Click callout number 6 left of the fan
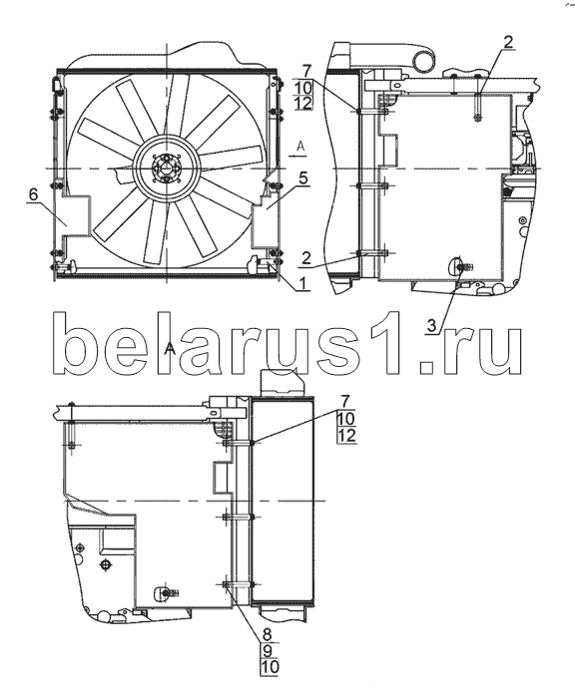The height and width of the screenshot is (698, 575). (33, 194)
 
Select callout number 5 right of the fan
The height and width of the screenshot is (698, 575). (303, 178)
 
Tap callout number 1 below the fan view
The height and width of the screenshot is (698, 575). (303, 283)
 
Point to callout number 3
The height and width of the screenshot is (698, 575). (431, 326)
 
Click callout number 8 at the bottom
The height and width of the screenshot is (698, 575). (268, 633)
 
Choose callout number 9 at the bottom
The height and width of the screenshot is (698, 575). (268, 651)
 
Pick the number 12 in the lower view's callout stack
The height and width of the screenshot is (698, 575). (347, 436)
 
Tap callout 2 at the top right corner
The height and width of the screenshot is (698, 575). (508, 42)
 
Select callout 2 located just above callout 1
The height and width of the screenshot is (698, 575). (305, 259)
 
